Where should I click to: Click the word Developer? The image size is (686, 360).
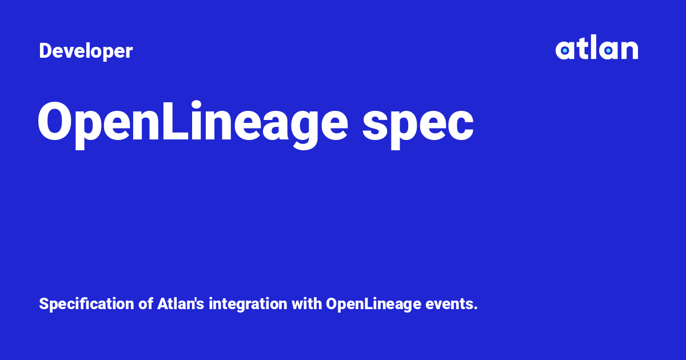coord(86,51)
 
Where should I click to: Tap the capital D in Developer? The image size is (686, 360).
coord(45,51)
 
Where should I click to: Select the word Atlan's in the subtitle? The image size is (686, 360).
coord(179,304)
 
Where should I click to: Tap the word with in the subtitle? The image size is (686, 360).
coord(307,304)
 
